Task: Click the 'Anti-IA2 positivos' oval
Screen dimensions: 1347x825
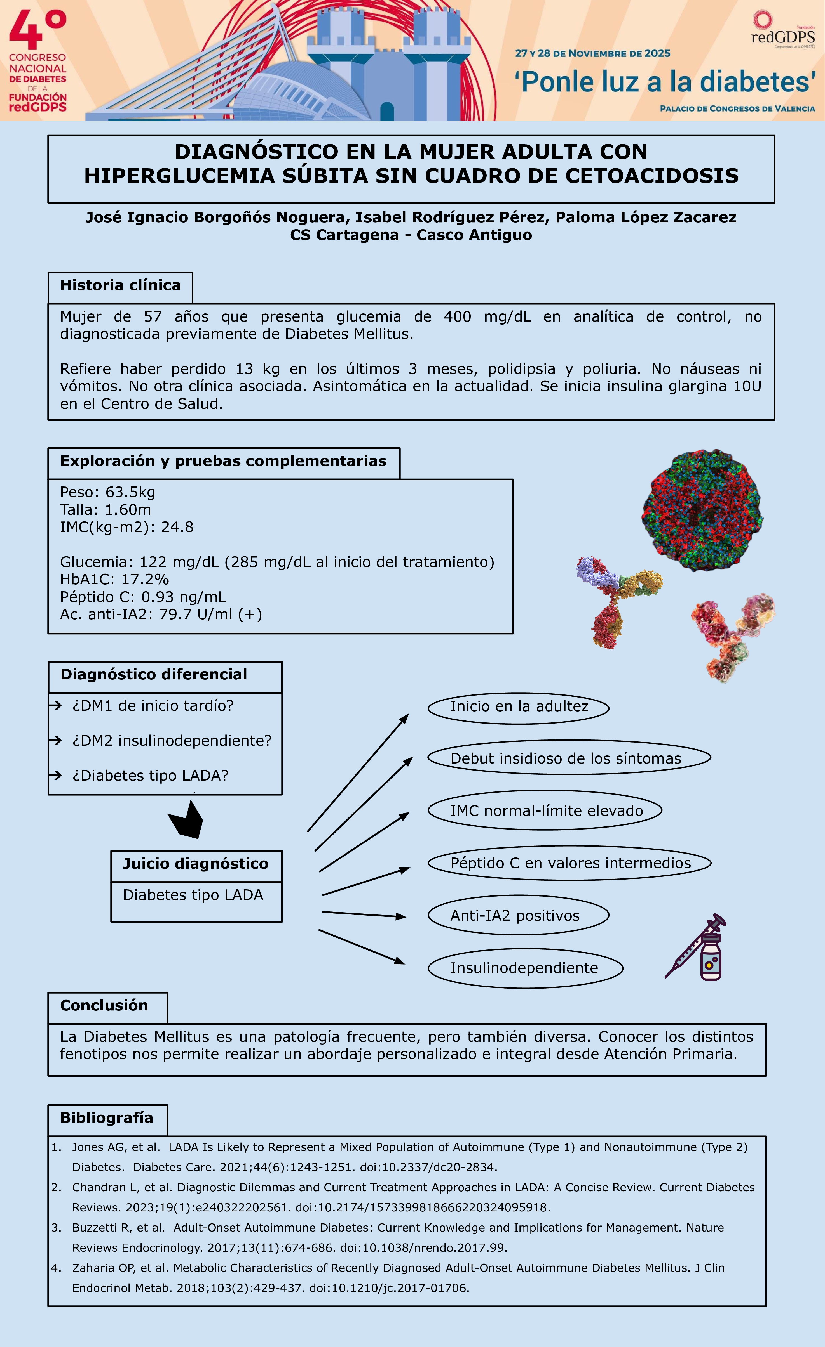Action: tap(518, 916)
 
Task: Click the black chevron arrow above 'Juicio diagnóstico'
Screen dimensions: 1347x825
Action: tap(186, 820)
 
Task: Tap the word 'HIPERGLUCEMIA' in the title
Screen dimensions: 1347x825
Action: tap(179, 176)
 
